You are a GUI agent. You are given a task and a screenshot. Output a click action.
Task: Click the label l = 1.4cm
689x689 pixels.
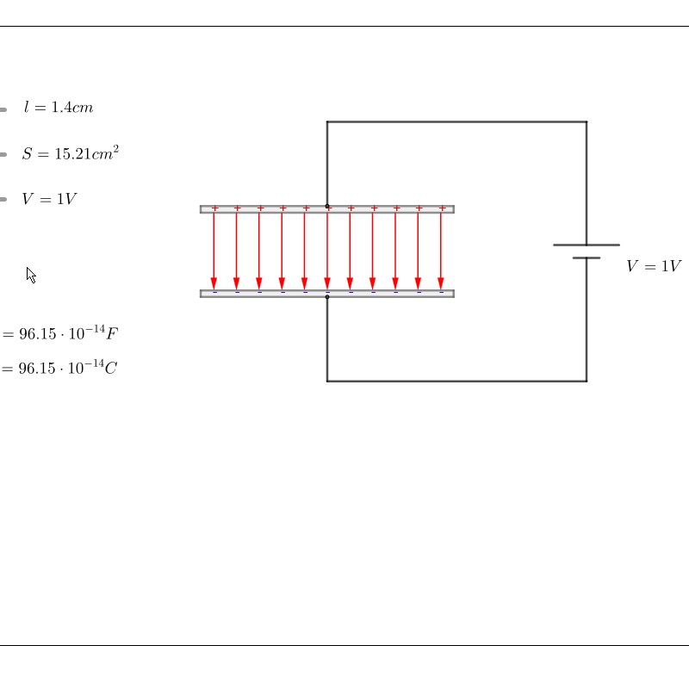point(59,107)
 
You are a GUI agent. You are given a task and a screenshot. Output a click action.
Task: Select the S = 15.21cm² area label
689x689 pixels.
point(71,153)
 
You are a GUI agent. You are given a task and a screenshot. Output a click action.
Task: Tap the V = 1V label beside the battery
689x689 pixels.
point(654,266)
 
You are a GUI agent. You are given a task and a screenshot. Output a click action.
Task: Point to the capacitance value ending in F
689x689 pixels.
point(60,333)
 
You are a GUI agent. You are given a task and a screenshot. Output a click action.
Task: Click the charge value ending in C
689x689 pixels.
point(59,368)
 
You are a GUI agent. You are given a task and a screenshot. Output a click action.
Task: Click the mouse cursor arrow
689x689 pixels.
point(31,275)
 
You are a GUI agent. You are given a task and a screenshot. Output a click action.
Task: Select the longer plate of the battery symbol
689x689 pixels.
point(587,245)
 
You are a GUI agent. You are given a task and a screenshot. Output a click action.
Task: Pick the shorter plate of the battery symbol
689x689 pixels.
point(587,258)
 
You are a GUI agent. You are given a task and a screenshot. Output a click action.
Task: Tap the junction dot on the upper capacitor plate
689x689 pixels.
point(327,206)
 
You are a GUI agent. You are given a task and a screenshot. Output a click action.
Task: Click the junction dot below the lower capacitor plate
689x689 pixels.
point(327,297)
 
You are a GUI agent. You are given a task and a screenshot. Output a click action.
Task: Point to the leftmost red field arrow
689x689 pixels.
point(214,251)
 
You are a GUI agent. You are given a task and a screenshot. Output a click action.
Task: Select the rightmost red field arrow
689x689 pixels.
point(441,251)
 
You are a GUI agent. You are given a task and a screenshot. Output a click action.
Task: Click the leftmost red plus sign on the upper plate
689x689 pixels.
point(214,208)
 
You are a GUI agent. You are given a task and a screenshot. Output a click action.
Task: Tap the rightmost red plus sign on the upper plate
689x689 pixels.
point(442,208)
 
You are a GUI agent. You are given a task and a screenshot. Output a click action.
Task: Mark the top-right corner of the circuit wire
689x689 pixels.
point(587,121)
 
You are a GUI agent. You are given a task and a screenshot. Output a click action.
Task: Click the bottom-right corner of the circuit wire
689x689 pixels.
point(587,381)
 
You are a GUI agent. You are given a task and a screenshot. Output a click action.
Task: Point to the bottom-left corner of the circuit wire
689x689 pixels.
point(327,381)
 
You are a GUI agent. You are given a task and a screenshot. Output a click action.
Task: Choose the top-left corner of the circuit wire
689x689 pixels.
point(327,121)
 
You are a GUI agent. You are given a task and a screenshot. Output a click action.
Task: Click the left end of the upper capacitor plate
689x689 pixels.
point(201,209)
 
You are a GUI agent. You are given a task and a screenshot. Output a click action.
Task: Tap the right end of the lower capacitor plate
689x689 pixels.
point(454,294)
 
